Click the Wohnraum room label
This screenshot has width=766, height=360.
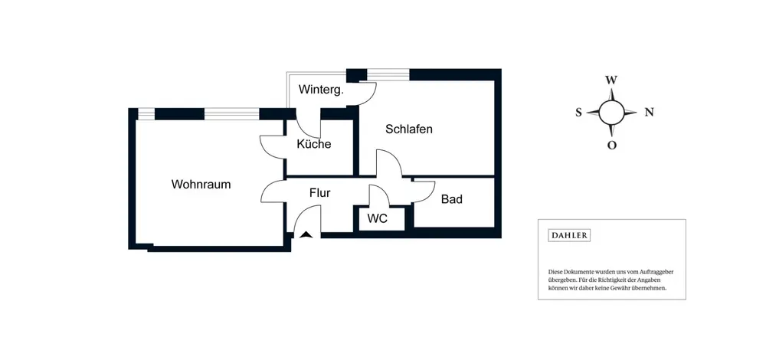tap(201, 185)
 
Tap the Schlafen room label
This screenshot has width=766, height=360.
tap(409, 129)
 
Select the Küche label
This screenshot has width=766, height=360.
tap(313, 144)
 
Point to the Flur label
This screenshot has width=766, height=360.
tap(319, 193)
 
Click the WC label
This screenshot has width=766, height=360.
tap(377, 218)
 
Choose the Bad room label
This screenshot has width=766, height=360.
tap(452, 199)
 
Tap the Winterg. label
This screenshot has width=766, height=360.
tap(321, 90)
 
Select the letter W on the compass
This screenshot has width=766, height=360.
tap(611, 80)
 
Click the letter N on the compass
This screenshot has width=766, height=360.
tap(649, 112)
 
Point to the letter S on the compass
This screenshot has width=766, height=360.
tap(579, 112)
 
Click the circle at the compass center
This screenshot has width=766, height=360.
tap(611, 112)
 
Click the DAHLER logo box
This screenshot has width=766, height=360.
tap(569, 235)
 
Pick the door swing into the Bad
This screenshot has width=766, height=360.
tap(424, 191)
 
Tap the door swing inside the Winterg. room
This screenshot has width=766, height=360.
tap(365, 94)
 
